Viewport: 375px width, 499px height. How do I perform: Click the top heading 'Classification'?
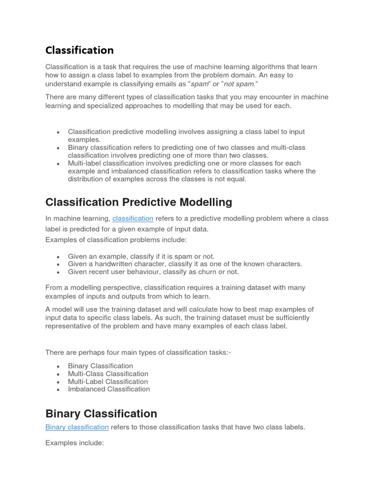[x=79, y=50]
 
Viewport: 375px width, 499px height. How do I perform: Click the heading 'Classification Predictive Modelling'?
[x=139, y=202]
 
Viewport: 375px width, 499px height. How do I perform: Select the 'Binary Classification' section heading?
[x=101, y=414]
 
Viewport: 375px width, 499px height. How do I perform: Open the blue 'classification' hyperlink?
[x=133, y=219]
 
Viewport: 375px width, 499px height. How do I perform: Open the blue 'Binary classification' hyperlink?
[x=77, y=427]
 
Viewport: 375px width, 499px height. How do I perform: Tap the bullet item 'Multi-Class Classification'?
[x=108, y=374]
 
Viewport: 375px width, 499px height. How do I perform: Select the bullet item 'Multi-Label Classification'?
[x=108, y=382]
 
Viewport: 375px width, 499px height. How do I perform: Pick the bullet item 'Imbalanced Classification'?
[x=109, y=389]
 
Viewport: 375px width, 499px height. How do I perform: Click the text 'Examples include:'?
[x=75, y=443]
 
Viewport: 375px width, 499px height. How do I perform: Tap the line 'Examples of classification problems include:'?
[x=116, y=240]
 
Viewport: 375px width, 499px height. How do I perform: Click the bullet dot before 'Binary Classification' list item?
[x=58, y=366]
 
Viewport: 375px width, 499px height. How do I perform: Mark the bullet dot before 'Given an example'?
[x=58, y=257]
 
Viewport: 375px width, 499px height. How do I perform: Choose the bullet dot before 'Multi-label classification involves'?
[x=58, y=164]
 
